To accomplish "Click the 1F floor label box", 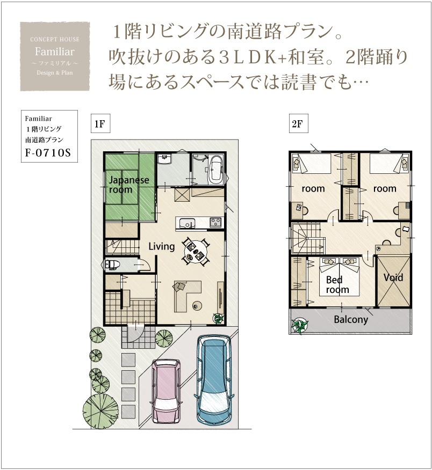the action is point(100,123).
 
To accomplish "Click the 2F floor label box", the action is point(298,123).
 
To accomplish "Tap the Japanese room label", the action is point(128,185).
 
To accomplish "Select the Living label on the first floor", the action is point(162,246).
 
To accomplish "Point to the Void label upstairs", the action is point(393,277).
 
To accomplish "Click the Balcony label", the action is point(351,320).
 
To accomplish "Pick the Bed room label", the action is point(337,284).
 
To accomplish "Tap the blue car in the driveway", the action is point(214,379).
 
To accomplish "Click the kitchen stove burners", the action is point(215,222).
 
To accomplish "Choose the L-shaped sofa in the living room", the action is point(187,296).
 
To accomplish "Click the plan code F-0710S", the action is point(48,153).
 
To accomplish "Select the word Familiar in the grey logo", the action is point(55,52).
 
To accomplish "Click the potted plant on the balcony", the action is point(300,325).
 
